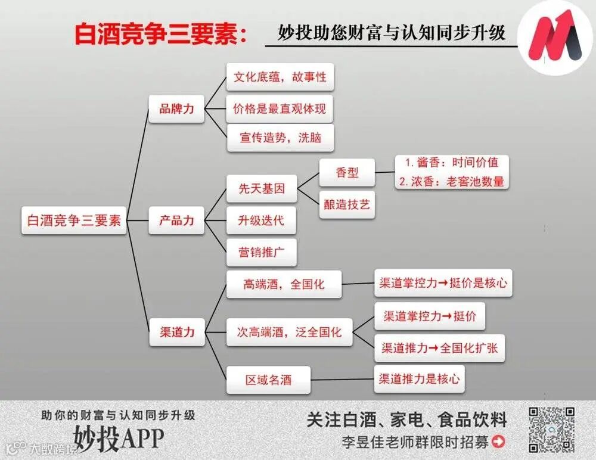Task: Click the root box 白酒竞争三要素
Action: point(74,220)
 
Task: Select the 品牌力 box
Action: point(176,109)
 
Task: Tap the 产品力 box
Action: point(176,220)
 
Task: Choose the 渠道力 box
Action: point(176,332)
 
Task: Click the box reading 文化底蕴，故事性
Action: point(280,77)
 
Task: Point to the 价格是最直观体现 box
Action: point(280,109)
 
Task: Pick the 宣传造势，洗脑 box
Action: point(280,138)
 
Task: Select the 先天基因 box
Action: point(262,189)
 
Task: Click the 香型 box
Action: point(347,173)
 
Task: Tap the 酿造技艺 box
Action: point(347,204)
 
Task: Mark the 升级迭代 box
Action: point(262,220)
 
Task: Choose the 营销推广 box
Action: point(262,252)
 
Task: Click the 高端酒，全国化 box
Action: point(284,284)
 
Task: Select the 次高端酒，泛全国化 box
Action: point(290,332)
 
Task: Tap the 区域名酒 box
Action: point(268,380)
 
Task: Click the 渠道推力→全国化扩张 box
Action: point(440,348)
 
